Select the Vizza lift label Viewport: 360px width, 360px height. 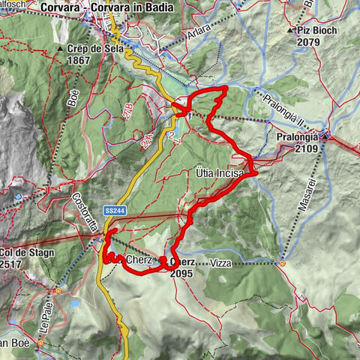click(222, 264)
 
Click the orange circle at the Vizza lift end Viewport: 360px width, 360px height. click(282, 263)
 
